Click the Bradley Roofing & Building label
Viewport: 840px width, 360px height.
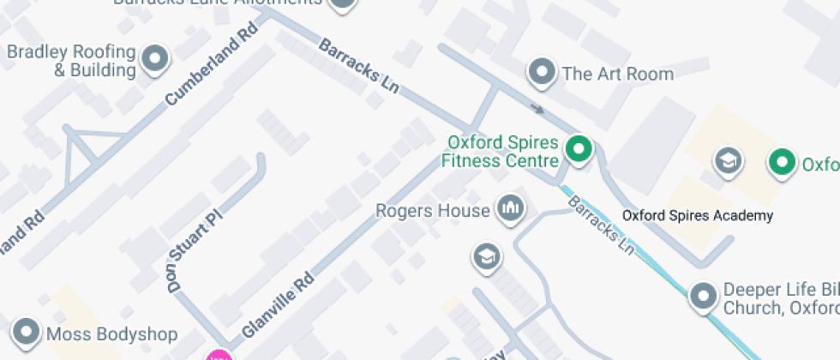71,61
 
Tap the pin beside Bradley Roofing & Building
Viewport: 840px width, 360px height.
155,58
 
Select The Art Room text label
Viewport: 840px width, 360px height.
617,74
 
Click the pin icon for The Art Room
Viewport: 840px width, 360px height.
542,72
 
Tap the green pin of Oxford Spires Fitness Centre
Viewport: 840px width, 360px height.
580,150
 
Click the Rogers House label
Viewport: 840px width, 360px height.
432,210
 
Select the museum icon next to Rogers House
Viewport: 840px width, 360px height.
511,208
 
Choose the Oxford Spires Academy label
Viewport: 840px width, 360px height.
698,216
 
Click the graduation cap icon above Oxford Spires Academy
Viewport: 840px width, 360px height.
729,159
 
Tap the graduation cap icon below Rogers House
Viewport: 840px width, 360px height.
486,255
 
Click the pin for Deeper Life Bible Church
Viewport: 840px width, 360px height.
704,296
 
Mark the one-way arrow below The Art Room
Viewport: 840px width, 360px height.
537,109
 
